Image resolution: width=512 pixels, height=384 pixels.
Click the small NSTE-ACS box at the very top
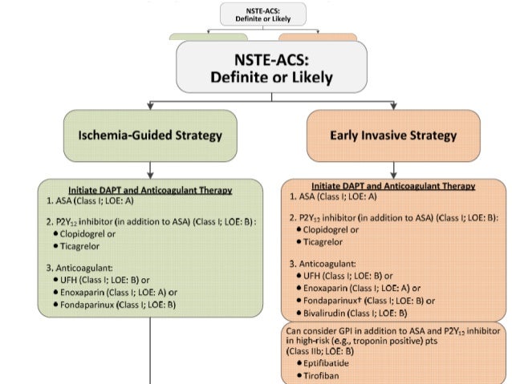point(255,14)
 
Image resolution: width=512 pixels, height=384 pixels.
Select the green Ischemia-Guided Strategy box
point(150,135)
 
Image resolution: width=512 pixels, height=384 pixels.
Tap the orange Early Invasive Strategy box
point(392,135)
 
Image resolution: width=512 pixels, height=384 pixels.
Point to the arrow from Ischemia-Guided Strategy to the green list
point(150,169)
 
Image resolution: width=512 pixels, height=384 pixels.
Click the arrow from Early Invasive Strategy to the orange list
point(392,169)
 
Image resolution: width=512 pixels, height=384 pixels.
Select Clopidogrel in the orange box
point(331,229)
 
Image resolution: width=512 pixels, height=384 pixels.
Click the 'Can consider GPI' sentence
point(392,332)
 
